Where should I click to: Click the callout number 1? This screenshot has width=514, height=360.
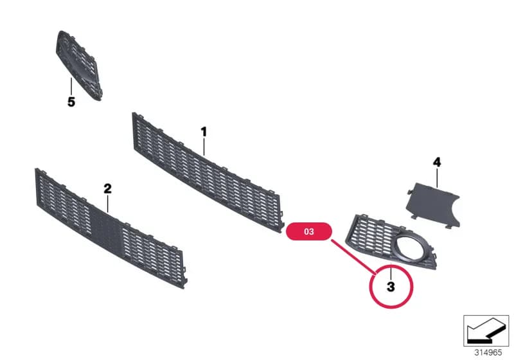[204, 132]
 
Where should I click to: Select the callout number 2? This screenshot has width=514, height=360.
[107, 188]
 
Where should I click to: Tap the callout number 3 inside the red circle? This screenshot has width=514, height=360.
[391, 287]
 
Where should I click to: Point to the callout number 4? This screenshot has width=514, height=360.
[437, 162]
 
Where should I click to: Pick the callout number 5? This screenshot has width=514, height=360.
[71, 102]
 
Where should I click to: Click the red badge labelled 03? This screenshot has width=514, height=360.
[309, 231]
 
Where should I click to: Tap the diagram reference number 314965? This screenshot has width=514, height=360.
[488, 352]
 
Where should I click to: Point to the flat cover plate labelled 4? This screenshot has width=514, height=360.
[432, 204]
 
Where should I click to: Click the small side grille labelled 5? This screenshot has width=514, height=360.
[79, 65]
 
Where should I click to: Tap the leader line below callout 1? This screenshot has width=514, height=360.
[204, 147]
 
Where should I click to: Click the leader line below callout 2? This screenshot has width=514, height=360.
[107, 204]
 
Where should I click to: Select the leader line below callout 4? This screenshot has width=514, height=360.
[437, 177]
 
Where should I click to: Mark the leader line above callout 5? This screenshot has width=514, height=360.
[71, 87]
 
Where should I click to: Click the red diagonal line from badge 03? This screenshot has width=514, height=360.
[354, 257]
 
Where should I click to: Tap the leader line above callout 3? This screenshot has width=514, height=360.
[391, 273]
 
